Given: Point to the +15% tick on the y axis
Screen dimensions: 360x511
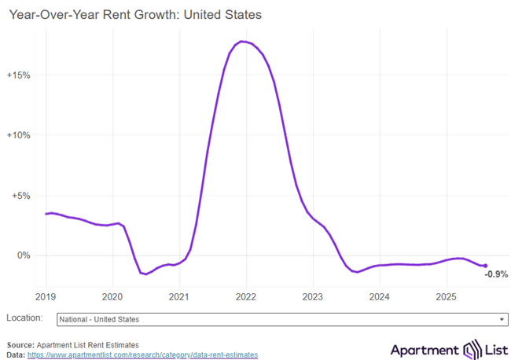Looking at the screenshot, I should click(x=18, y=75).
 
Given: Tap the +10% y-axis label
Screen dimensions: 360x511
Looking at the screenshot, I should click(x=18, y=135).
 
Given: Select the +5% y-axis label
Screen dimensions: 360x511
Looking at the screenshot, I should click(x=20, y=196).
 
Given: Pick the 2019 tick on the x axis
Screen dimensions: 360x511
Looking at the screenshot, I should click(x=46, y=296).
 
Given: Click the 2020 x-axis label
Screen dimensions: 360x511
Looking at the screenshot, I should click(x=112, y=296).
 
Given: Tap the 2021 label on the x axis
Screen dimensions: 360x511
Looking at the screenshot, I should click(x=179, y=296).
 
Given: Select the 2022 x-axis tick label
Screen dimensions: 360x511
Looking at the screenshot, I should click(x=246, y=296).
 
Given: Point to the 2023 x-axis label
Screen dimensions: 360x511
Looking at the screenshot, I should click(x=313, y=296).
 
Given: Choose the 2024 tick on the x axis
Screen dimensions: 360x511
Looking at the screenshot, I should click(x=380, y=296).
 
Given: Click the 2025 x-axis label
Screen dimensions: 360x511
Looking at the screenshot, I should click(x=447, y=296).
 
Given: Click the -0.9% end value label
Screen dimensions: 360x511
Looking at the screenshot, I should click(x=496, y=274).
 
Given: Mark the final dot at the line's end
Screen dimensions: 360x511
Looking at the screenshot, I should click(x=485, y=266).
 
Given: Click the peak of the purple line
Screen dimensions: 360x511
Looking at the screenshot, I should click(x=243, y=41).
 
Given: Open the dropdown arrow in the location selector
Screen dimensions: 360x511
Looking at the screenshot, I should click(x=502, y=320).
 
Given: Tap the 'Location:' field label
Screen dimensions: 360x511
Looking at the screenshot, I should click(x=24, y=318).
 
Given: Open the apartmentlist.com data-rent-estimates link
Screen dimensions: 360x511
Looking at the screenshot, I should click(x=142, y=355).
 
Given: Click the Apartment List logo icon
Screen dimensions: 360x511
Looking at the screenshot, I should click(x=472, y=350).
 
